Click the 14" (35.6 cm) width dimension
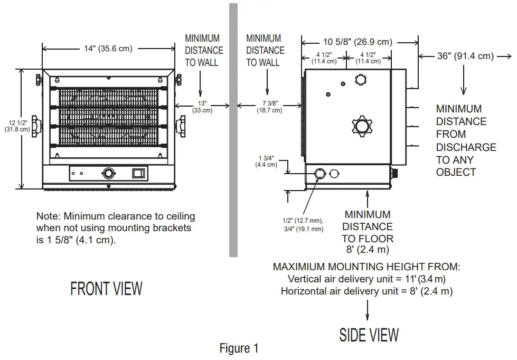pyautogui.click(x=108, y=49)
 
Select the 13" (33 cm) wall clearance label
pyautogui.click(x=202, y=107)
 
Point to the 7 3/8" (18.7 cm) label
pyautogui.click(x=269, y=107)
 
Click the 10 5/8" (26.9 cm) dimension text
pyautogui.click(x=358, y=42)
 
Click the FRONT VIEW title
pyautogui.click(x=106, y=289)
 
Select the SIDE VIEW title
pyautogui.click(x=369, y=334)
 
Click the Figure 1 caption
pyautogui.click(x=239, y=348)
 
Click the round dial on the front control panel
pyautogui.click(x=109, y=173)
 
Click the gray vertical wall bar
pyautogui.click(x=233, y=129)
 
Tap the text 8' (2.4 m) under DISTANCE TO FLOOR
pyautogui.click(x=368, y=250)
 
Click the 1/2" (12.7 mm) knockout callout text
pyautogui.click(x=303, y=220)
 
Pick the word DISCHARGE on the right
pyautogui.click(x=466, y=147)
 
